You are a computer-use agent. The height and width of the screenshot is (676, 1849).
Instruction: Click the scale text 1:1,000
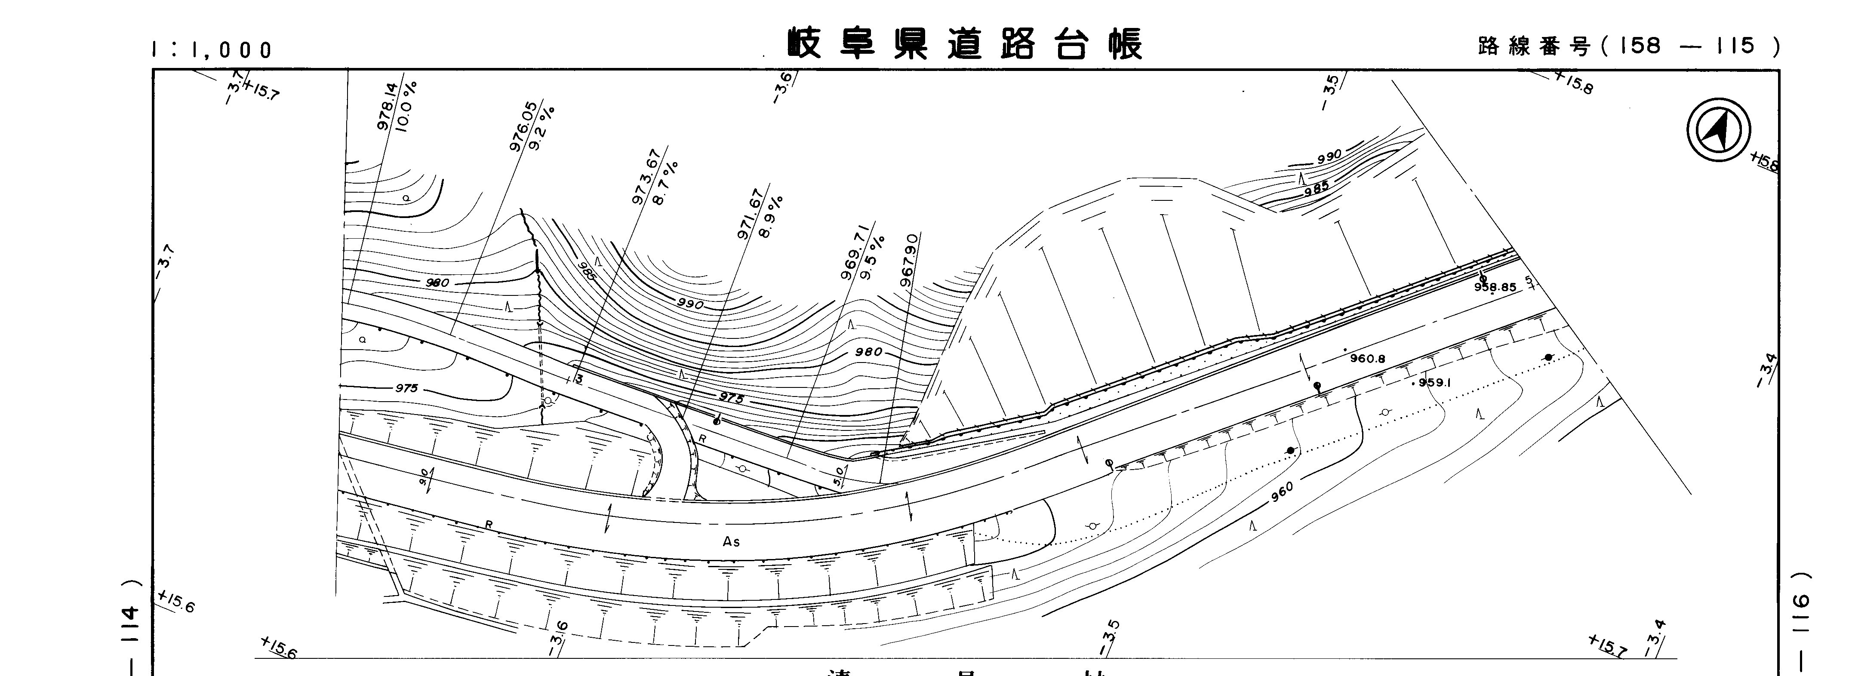pyautogui.click(x=212, y=49)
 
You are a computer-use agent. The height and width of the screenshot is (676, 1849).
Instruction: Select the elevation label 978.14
pyautogui.click(x=386, y=106)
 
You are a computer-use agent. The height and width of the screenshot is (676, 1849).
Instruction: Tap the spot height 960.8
pyautogui.click(x=1367, y=358)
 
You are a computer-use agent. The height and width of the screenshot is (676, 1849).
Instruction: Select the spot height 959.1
pyautogui.click(x=1434, y=382)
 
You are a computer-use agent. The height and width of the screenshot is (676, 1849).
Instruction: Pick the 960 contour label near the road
pyautogui.click(x=1281, y=493)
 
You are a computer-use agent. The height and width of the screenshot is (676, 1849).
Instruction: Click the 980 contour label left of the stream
pyautogui.click(x=437, y=283)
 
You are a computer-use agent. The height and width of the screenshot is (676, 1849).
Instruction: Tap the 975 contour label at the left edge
pyautogui.click(x=406, y=388)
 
